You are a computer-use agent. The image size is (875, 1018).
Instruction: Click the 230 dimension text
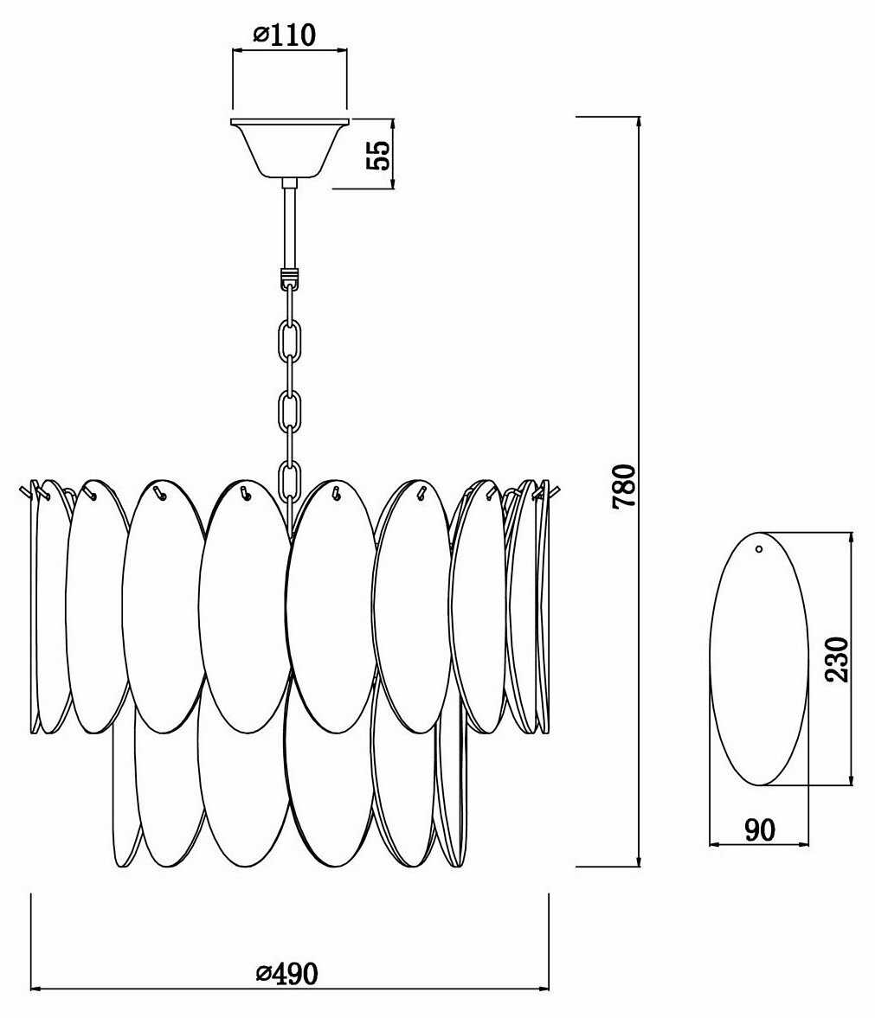coord(837,659)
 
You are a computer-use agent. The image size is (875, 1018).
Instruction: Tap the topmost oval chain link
coord(290,342)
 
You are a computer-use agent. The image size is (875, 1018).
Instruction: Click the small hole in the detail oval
coord(759,548)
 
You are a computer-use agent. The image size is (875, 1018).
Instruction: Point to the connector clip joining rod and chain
coord(289,280)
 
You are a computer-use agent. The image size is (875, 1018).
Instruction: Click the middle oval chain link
coord(290,411)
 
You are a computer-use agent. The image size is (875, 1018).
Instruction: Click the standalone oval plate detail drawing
coord(757,659)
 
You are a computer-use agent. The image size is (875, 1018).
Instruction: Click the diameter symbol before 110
coord(261,35)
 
